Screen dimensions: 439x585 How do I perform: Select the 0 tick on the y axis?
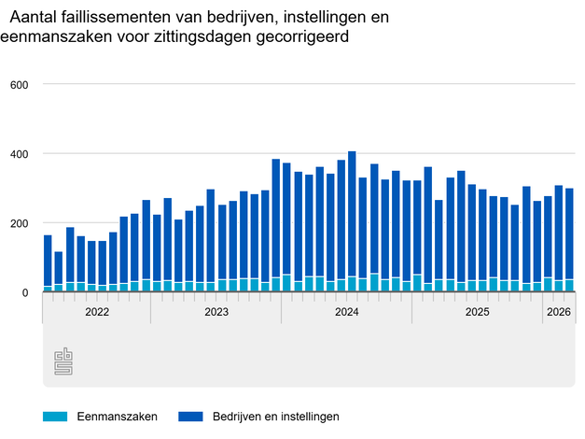[x=26, y=293]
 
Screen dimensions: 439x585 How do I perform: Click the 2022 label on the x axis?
[x=96, y=312]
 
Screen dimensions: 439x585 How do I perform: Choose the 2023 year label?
[x=216, y=312]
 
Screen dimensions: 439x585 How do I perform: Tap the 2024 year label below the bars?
[x=346, y=312]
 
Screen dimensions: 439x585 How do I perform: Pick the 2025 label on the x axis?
[x=477, y=312]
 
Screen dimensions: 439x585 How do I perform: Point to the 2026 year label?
[x=559, y=312]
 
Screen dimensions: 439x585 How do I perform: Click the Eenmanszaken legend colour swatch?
[x=55, y=417]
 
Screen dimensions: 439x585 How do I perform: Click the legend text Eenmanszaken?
[x=118, y=417]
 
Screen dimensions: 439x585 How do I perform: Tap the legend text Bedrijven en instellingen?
[x=276, y=417]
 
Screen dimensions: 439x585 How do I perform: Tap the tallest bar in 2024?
[x=352, y=222]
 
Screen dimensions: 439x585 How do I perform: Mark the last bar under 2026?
[x=569, y=240]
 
